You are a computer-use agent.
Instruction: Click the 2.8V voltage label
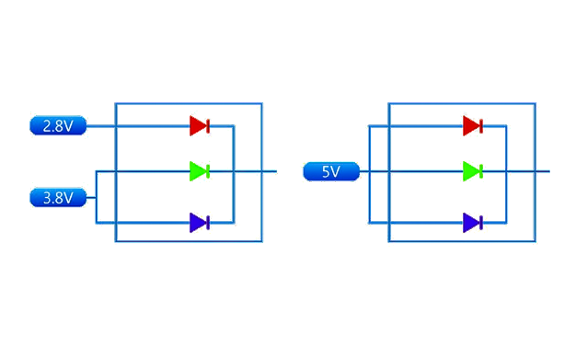58,125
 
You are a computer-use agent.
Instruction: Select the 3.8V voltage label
58,198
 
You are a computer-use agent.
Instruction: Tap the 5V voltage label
331,171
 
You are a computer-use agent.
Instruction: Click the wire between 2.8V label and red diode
138,125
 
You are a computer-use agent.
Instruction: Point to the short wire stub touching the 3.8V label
91,198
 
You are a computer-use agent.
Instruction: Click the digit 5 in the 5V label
325,171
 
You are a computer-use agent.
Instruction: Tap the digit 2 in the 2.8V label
47,126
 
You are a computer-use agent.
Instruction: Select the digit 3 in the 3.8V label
47,198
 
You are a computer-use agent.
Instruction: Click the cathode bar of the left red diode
208,125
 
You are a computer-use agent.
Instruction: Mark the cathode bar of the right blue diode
481,223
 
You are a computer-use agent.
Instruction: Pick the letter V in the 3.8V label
68,198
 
